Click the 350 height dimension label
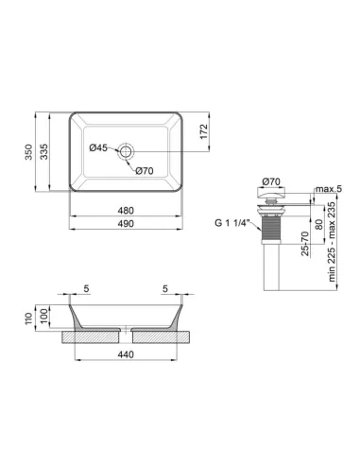coord(28,151)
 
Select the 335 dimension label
coord(43,151)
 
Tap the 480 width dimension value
coord(126,210)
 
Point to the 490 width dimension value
coord(126,223)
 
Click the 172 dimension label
coord(204,131)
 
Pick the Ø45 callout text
coord(98,147)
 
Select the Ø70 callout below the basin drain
coord(145,171)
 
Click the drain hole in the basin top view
coord(127,151)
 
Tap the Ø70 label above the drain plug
coord(271,181)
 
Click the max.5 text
coord(329,189)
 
